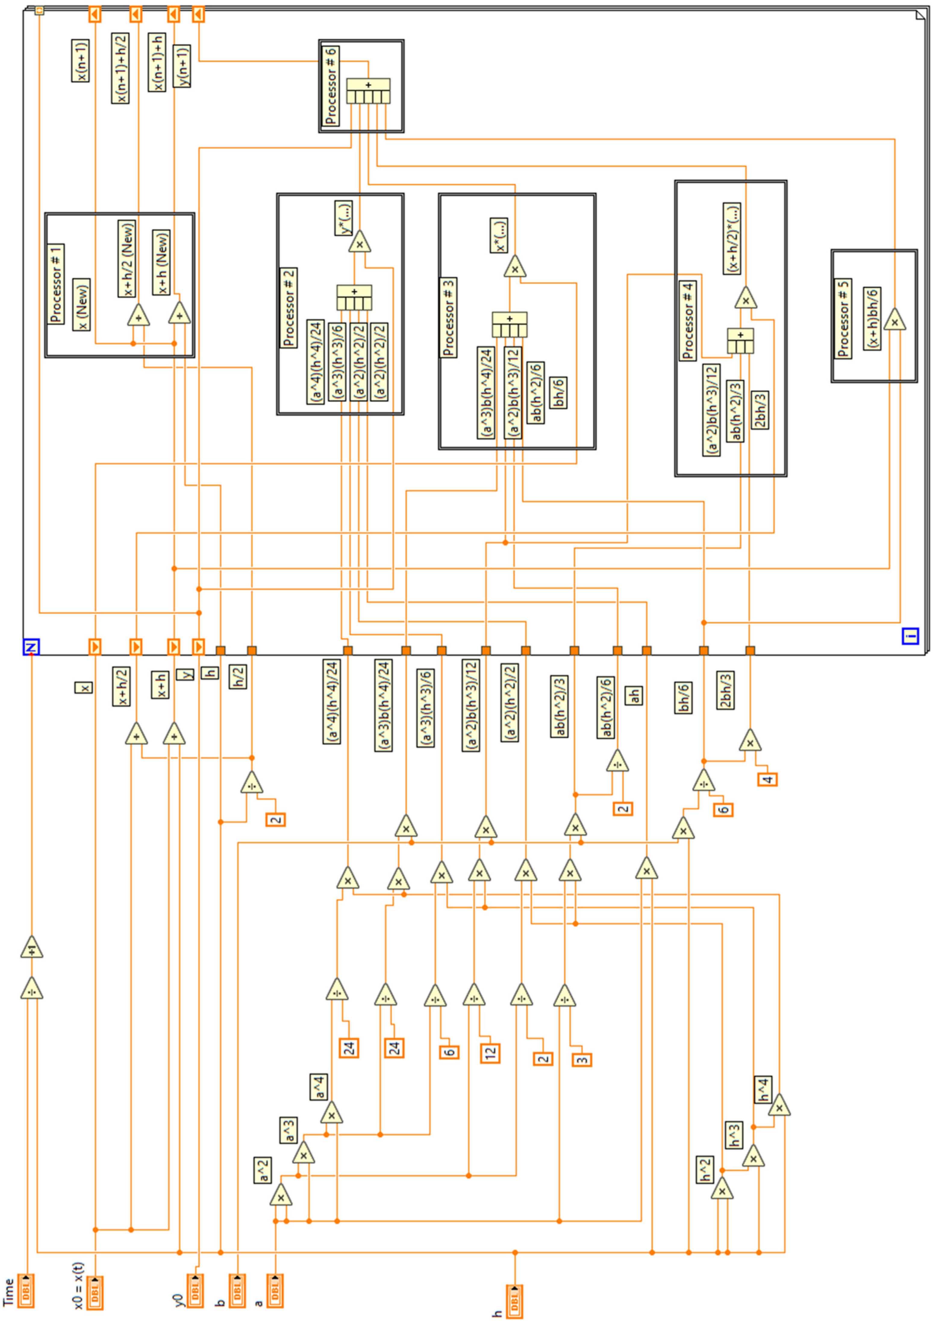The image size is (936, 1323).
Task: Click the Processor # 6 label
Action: [x=331, y=85]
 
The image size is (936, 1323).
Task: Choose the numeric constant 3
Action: [x=582, y=1059]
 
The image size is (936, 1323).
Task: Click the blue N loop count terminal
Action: [x=31, y=647]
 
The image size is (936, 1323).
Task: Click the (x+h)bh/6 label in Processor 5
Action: [x=872, y=318]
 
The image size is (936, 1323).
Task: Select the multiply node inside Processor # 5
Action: [x=894, y=319]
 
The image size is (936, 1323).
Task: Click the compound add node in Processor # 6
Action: [x=368, y=91]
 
